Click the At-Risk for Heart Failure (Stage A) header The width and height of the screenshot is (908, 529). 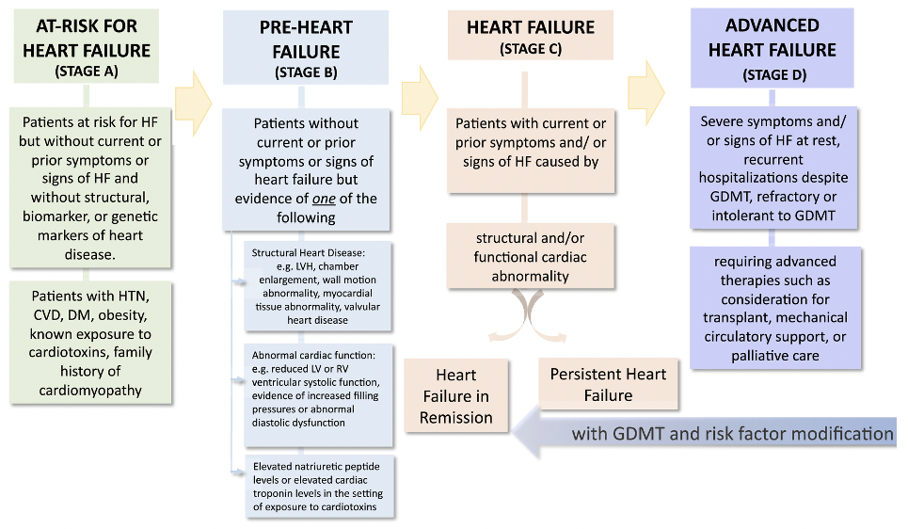[x=87, y=46]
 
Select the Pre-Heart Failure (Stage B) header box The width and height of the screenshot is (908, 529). [x=306, y=47]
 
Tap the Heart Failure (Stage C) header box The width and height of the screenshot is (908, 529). [x=531, y=36]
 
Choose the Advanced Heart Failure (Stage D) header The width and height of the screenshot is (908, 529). [x=772, y=48]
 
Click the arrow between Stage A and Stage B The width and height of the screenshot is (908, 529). [x=194, y=104]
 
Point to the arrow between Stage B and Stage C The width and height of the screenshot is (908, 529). [x=420, y=98]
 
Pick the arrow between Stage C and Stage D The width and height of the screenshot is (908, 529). [x=646, y=92]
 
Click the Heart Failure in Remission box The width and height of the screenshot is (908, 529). [x=456, y=396]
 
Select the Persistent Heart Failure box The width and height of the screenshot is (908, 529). [x=608, y=384]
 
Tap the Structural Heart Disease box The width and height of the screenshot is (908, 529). [x=317, y=286]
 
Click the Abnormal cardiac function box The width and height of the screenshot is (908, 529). [x=318, y=395]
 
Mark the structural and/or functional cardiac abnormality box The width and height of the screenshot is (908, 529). [x=530, y=256]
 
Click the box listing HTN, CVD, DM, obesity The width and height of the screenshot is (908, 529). [x=90, y=343]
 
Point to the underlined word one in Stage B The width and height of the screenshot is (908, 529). [x=324, y=199]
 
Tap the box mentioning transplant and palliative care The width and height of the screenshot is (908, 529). [x=775, y=308]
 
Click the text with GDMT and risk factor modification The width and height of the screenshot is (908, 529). [x=733, y=433]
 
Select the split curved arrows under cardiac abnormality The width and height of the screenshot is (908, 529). [x=528, y=315]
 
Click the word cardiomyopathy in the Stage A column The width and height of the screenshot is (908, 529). [x=90, y=391]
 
